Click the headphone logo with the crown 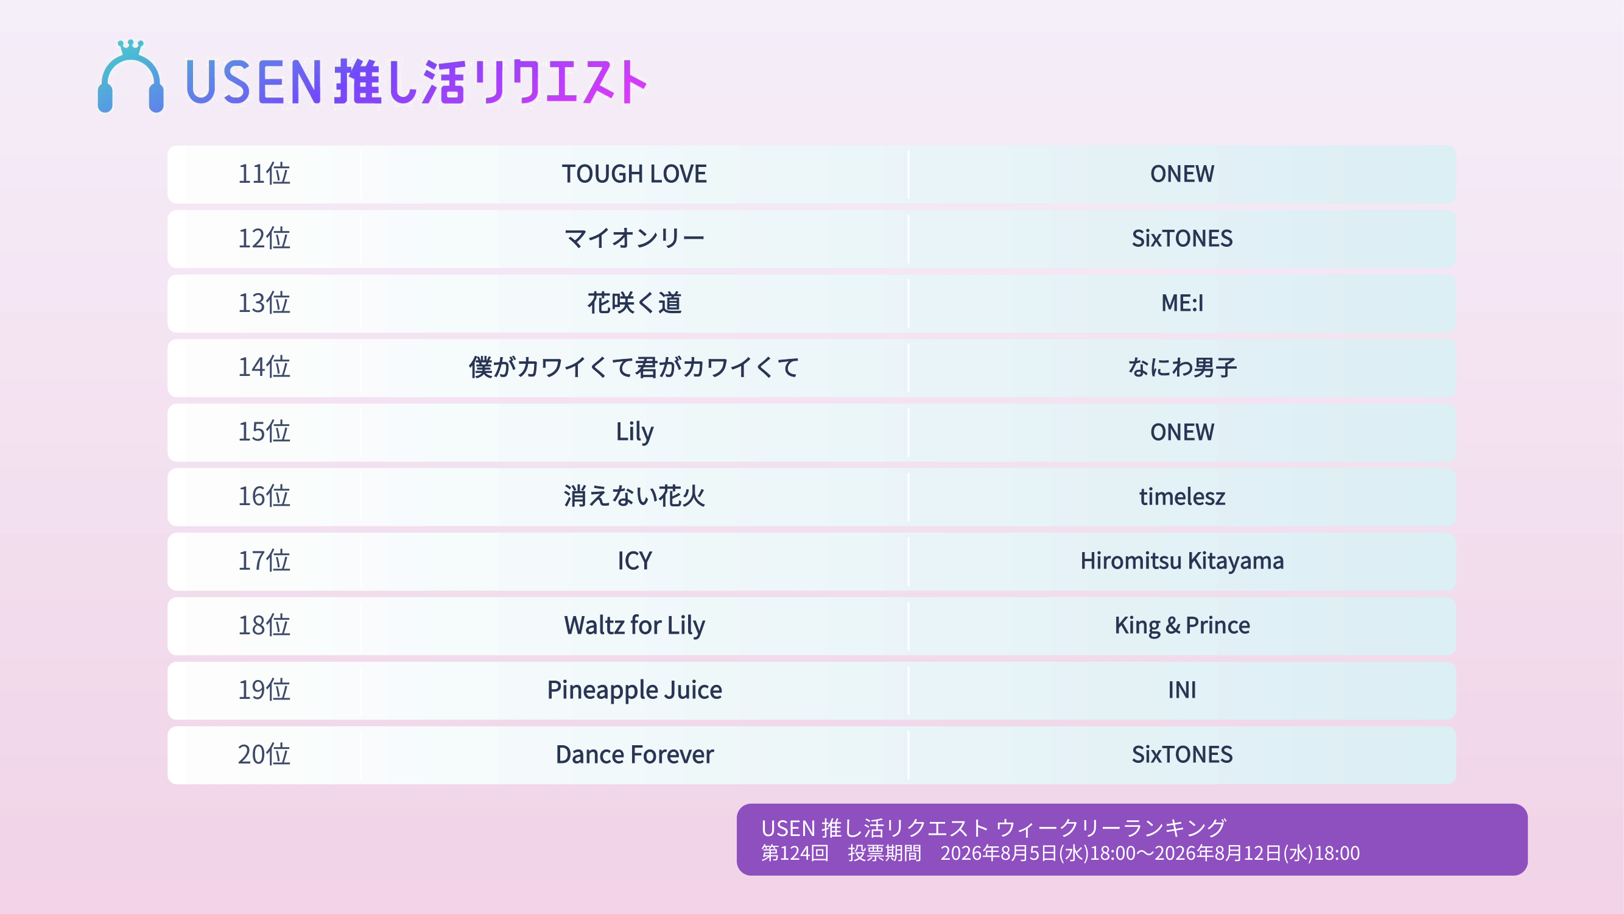pos(130,76)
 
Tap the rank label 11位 pos(264,174)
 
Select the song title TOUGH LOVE pos(634,174)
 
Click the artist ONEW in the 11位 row pos(1182,174)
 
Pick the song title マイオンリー pos(634,238)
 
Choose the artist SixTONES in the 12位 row pos(1182,238)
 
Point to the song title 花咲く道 pos(634,303)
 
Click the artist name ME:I pos(1182,303)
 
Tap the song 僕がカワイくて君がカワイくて pos(634,367)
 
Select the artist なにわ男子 pos(1182,367)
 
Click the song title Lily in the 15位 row pos(634,432)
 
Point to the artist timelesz pos(1182,497)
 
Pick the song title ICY pos(634,561)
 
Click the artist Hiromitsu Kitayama pos(1182,561)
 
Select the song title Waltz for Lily pos(634,626)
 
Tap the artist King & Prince pos(1182,626)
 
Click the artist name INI pos(1182,690)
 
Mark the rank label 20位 pos(264,754)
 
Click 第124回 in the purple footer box pos(795,853)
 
